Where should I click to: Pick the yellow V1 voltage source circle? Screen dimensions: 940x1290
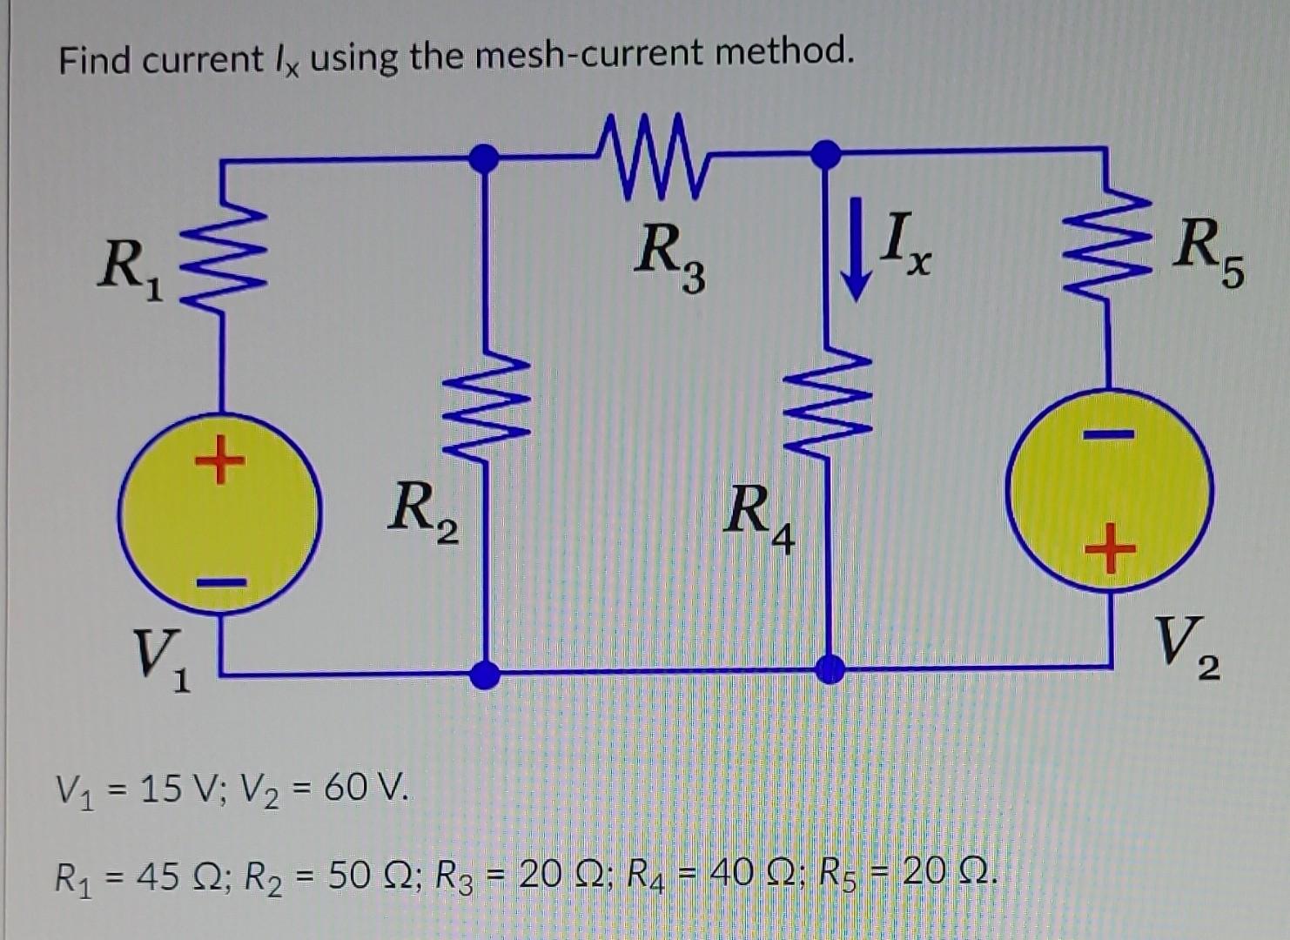(219, 514)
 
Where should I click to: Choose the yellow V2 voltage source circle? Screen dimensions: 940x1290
(1109, 491)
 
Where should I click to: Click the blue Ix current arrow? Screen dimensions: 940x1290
(857, 249)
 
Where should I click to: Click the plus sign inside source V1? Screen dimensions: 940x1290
(218, 460)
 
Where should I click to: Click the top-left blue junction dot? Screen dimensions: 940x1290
(484, 158)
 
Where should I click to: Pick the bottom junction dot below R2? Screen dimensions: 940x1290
(485, 673)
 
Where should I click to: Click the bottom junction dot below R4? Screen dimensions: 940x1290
(830, 669)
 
